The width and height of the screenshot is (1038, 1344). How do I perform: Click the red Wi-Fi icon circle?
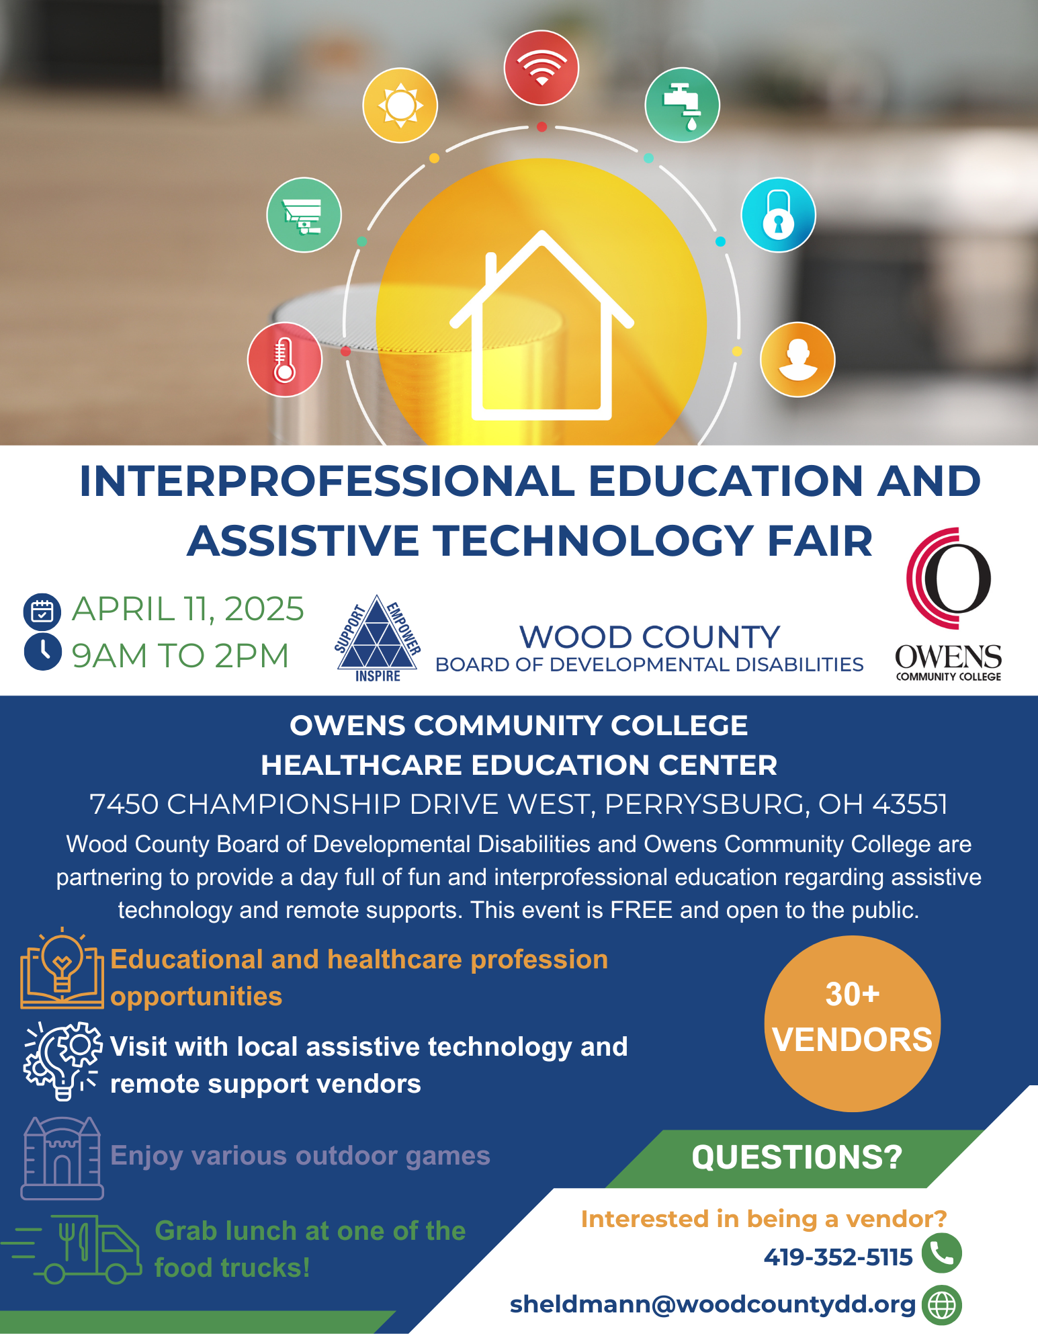541,68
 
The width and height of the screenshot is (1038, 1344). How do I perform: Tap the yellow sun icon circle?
400,105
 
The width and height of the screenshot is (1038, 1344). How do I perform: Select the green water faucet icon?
682,105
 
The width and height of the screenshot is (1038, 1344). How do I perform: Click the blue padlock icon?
779,215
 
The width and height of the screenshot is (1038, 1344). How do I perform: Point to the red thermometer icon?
285,360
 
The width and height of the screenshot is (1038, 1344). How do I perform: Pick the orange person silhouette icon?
797,360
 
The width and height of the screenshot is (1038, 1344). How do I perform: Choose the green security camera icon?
304,215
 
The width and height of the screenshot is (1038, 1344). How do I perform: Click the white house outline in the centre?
542,325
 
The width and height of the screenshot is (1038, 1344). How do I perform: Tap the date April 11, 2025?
188,609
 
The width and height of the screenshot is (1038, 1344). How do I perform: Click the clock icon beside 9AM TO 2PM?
43,652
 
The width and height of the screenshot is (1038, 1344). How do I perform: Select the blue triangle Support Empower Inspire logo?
378,638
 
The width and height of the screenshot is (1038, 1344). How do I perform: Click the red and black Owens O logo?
949,579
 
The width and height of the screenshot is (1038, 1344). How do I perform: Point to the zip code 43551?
910,804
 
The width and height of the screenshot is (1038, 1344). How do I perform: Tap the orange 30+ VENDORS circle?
853,1023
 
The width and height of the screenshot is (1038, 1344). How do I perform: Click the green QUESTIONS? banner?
796,1159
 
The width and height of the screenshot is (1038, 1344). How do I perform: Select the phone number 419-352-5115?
838,1257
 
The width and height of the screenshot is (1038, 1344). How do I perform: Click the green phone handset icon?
942,1253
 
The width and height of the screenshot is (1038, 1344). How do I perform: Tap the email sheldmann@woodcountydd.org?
713,1304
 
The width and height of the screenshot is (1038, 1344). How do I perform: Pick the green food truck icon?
72,1249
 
